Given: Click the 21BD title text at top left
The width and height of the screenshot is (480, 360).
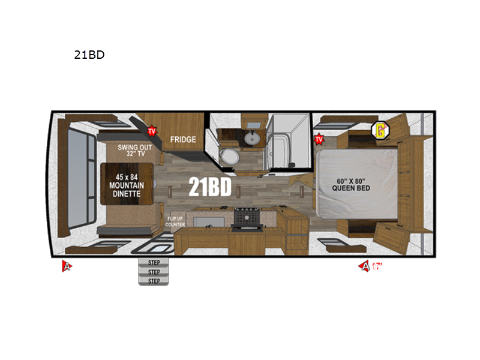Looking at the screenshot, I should [x=89, y=55].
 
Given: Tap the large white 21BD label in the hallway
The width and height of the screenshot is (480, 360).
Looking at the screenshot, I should [x=210, y=187].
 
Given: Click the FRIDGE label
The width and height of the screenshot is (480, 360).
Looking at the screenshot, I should [x=183, y=140].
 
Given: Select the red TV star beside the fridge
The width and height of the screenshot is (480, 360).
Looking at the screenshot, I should [x=152, y=130].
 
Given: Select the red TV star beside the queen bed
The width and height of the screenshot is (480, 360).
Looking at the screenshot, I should [x=319, y=140].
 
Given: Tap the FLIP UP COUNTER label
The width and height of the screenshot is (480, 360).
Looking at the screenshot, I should [x=175, y=221].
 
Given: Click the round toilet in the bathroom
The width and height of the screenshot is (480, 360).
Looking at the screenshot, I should [x=228, y=157].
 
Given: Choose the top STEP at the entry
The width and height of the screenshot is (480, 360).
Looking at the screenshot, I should [x=154, y=262].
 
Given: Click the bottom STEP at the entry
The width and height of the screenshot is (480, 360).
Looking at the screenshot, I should [x=154, y=280].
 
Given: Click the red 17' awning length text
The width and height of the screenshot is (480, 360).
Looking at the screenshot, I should [x=376, y=266].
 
